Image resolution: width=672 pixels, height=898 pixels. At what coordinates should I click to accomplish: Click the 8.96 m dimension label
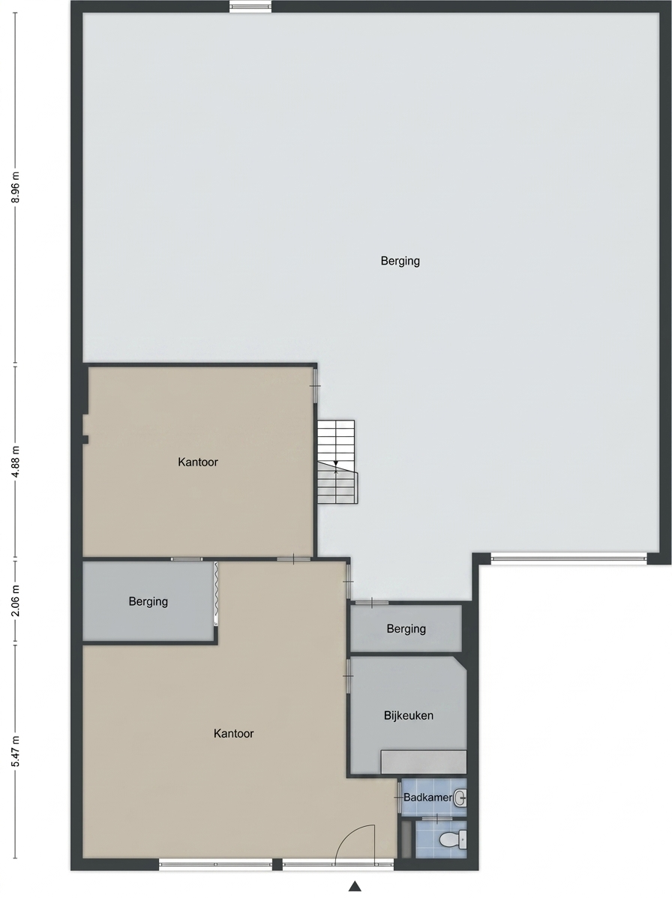(16, 187)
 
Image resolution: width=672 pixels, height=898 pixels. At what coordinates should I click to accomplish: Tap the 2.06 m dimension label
(16, 600)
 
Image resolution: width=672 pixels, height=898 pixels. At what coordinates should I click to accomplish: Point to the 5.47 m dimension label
(16, 751)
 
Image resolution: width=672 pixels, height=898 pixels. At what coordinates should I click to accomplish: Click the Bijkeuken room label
(409, 715)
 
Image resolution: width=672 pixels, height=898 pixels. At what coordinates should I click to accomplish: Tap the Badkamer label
(427, 798)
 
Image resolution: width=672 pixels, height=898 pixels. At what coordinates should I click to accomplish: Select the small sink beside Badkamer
(460, 798)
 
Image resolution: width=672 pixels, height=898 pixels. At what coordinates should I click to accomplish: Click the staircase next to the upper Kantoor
(337, 462)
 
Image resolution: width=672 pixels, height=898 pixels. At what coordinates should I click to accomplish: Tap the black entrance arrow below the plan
(355, 886)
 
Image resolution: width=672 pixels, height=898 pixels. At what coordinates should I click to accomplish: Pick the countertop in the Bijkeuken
(423, 762)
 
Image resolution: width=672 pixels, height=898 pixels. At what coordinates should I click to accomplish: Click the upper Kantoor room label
(198, 462)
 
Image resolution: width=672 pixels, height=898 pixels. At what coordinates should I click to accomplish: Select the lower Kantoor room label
(233, 733)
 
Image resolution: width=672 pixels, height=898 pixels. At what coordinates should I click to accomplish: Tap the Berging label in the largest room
(400, 261)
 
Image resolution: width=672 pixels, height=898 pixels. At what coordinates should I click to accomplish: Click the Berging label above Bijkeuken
(406, 629)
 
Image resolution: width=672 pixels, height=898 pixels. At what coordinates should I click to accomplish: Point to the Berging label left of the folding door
(148, 601)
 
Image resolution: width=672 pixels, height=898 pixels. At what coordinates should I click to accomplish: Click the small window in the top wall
(250, 6)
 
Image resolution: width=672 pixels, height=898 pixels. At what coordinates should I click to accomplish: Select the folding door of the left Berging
(217, 592)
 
